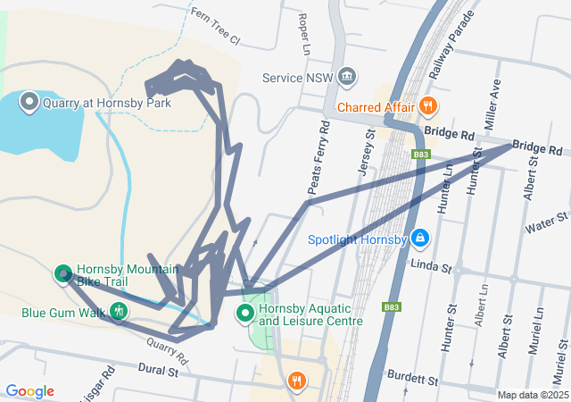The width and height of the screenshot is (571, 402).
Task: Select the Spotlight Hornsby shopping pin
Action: (x=421, y=239)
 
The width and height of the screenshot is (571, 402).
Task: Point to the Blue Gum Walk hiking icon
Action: (x=120, y=313)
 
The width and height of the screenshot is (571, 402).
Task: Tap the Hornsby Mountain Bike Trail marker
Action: (x=63, y=274)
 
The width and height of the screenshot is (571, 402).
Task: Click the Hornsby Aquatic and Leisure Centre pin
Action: (x=244, y=313)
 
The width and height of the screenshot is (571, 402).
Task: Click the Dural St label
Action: (x=160, y=369)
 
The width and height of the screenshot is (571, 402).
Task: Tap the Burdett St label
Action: (x=412, y=379)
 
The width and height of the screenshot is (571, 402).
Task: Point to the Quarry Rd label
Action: (x=170, y=350)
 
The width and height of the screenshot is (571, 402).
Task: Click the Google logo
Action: (x=30, y=391)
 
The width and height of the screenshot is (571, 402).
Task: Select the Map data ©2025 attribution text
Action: (x=532, y=395)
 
